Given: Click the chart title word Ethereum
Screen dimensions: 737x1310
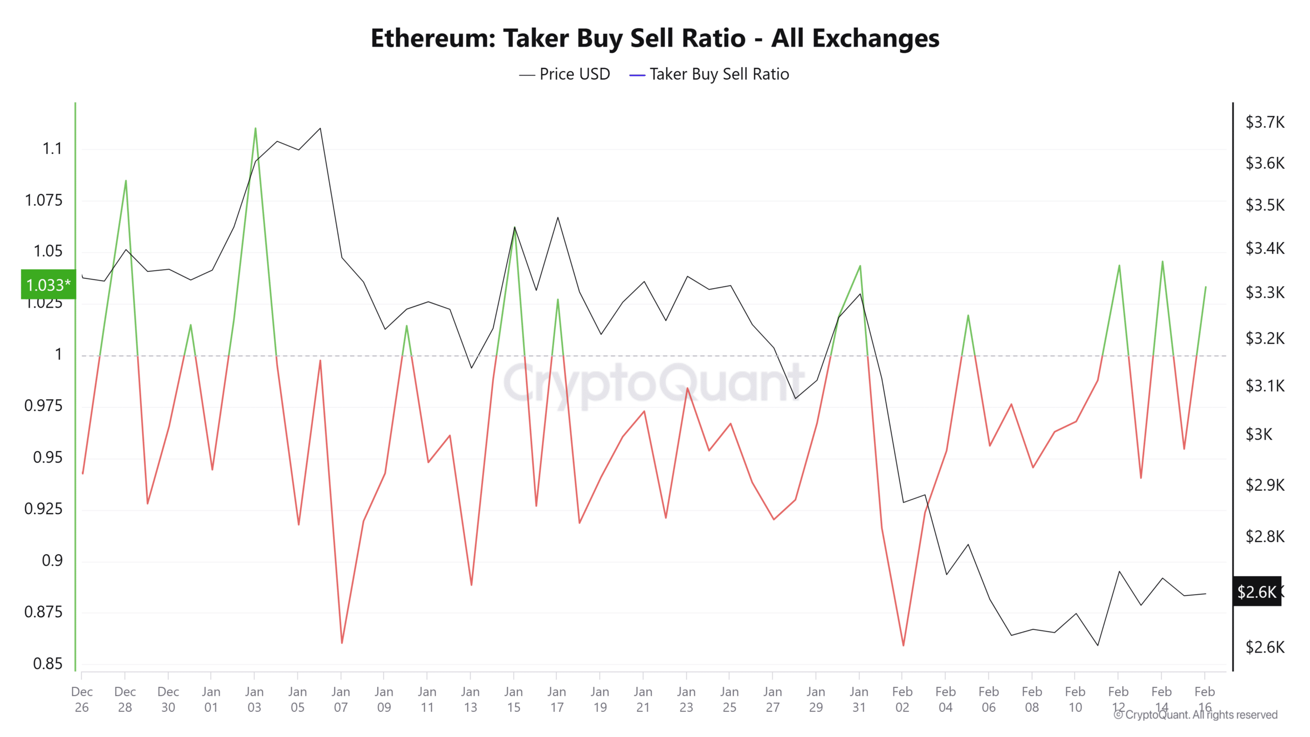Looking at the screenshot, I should pyautogui.click(x=433, y=38).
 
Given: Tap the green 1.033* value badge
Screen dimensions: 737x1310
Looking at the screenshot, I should pyautogui.click(x=48, y=285).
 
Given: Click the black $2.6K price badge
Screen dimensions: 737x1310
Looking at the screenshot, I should pyautogui.click(x=1257, y=592).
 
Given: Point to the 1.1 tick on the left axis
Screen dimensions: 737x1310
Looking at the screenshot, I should pyautogui.click(x=52, y=149).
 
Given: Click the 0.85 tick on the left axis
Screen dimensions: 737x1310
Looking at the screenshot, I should pyautogui.click(x=48, y=664).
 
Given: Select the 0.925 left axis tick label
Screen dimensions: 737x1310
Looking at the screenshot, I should pyautogui.click(x=43, y=509).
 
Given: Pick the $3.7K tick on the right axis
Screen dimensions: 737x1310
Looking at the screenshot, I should pyautogui.click(x=1264, y=122).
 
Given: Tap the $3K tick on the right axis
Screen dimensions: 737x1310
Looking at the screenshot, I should pyautogui.click(x=1258, y=435).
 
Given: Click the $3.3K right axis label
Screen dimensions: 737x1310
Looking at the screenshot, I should pyautogui.click(x=1264, y=293).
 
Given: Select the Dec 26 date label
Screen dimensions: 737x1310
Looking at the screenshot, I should pyautogui.click(x=82, y=699).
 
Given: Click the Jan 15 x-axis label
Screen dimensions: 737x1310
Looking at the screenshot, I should pyautogui.click(x=513, y=699).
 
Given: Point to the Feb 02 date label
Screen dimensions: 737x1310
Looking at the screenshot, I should pyautogui.click(x=902, y=699).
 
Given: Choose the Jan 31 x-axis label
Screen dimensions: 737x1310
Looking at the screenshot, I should pyautogui.click(x=859, y=699).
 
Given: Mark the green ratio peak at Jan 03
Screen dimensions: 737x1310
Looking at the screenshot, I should pyautogui.click(x=255, y=128).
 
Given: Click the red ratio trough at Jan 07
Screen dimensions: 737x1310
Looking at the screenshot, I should pyautogui.click(x=342, y=642).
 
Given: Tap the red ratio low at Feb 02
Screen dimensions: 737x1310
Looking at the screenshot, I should pyautogui.click(x=903, y=645).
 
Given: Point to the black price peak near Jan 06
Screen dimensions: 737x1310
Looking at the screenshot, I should pyautogui.click(x=320, y=128).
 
